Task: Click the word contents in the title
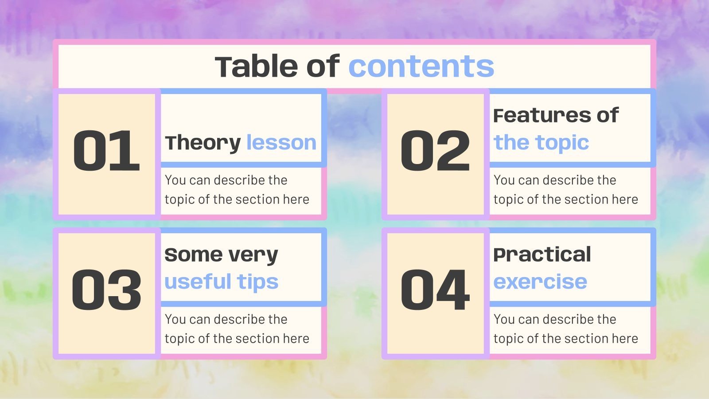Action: pyautogui.click(x=421, y=66)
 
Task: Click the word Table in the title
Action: pyautogui.click(x=257, y=66)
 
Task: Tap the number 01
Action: pyautogui.click(x=106, y=151)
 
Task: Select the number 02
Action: pyautogui.click(x=435, y=151)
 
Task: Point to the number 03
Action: pyautogui.click(x=106, y=290)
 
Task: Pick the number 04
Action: pyautogui.click(x=435, y=290)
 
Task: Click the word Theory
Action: pyautogui.click(x=203, y=143)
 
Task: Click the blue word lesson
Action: pyautogui.click(x=281, y=143)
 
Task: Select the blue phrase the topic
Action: pyautogui.click(x=541, y=143)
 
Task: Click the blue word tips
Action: pyautogui.click(x=257, y=282)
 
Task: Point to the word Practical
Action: pyautogui.click(x=542, y=255)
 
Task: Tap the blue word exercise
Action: pyautogui.click(x=540, y=282)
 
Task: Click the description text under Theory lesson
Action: pyautogui.click(x=237, y=190)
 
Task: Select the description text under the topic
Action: pyautogui.click(x=565, y=190)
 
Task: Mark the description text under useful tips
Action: pyautogui.click(x=237, y=329)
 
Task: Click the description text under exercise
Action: pyautogui.click(x=565, y=329)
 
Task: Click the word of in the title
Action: pyautogui.click(x=323, y=66)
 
